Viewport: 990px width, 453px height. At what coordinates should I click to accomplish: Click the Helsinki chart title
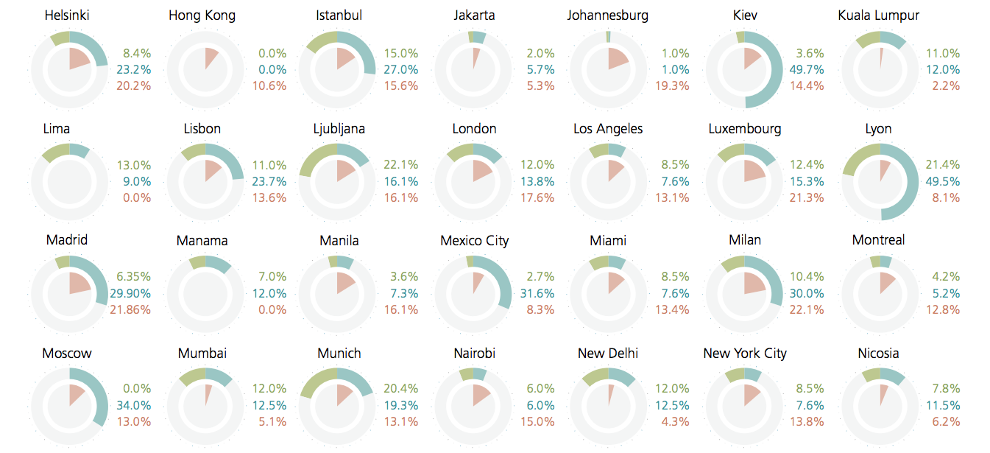[x=67, y=15]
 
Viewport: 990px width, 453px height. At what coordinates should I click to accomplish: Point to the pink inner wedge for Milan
[x=754, y=284]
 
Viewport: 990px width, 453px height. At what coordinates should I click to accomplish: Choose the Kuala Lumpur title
[x=878, y=15]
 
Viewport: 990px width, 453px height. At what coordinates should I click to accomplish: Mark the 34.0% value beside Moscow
[x=134, y=405]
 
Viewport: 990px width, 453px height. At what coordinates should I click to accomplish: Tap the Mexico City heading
[x=474, y=241]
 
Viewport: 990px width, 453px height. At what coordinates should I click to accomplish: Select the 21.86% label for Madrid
[x=130, y=309]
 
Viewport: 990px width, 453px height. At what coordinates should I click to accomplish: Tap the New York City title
[x=744, y=354]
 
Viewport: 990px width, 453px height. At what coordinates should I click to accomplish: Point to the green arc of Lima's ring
[x=54, y=152]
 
